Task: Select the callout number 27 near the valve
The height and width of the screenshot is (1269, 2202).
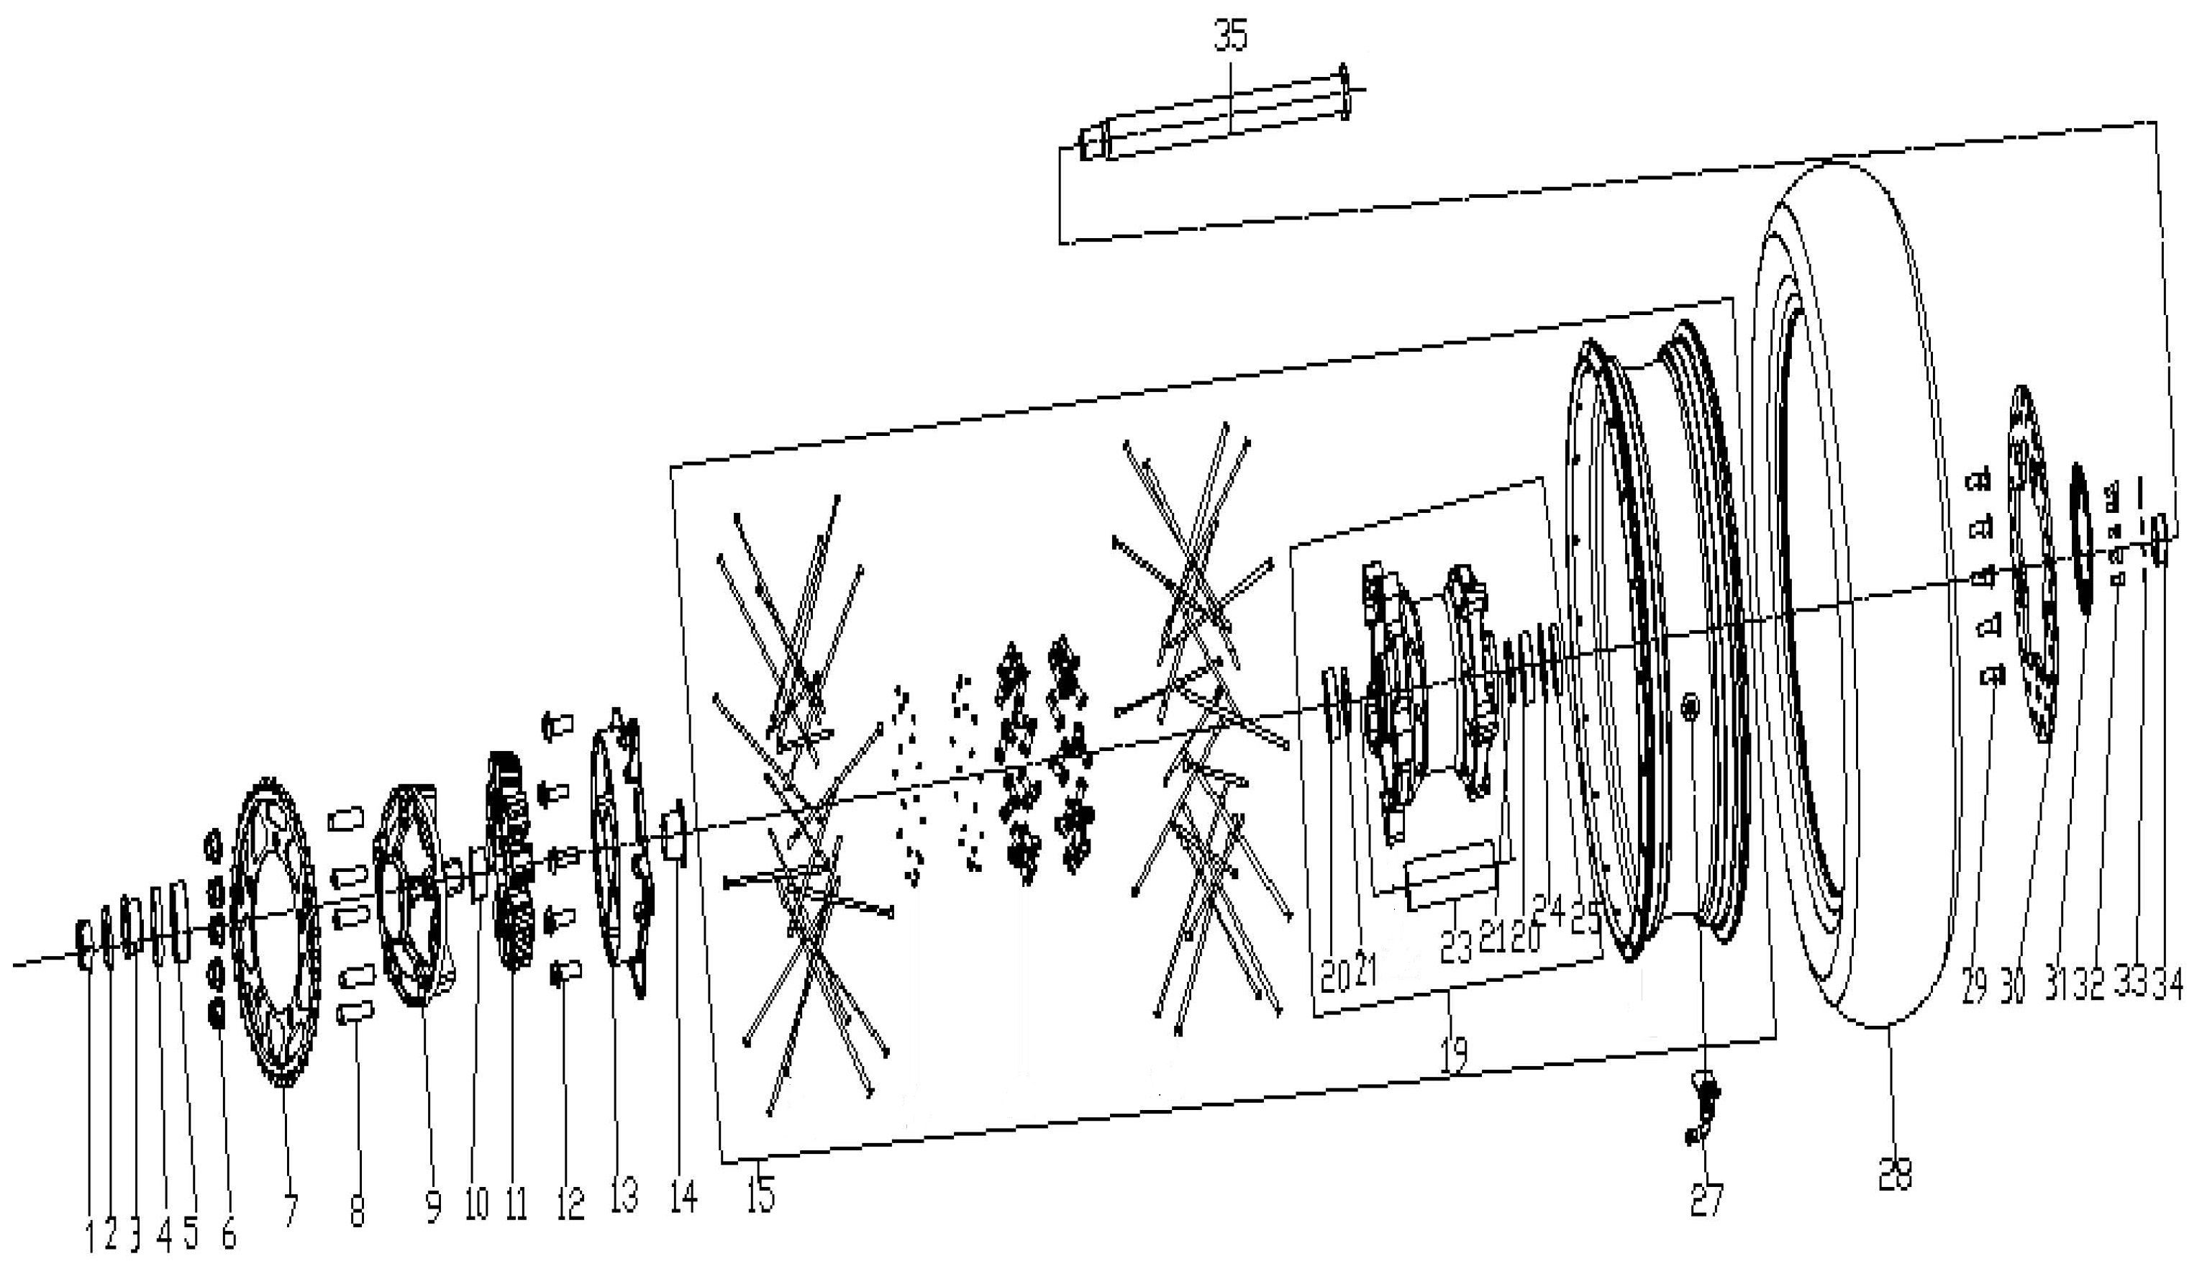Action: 1706,1200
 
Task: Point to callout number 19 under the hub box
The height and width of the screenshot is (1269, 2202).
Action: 1452,1055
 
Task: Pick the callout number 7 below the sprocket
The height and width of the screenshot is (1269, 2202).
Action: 290,1211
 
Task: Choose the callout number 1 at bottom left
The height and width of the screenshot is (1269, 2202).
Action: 91,1237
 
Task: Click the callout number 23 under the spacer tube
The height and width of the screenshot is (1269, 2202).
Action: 1455,948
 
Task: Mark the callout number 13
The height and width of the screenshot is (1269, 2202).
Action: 624,1195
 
